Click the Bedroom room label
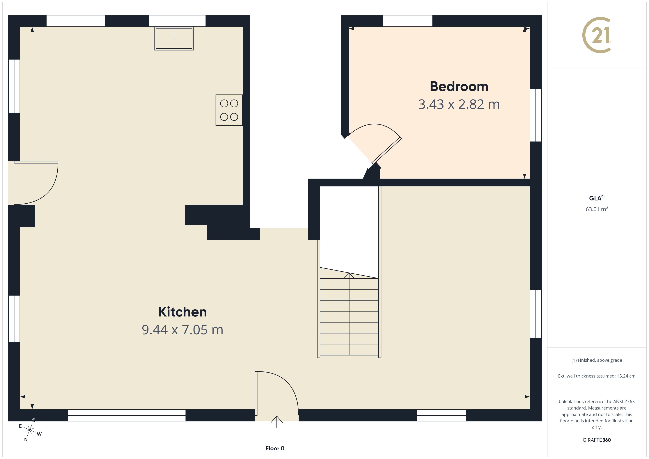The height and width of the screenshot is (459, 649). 459,86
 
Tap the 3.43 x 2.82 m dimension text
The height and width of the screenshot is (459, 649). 459,104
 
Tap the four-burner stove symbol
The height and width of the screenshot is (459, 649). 229,110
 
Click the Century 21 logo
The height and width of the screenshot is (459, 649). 596,35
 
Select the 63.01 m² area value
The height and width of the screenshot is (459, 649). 596,209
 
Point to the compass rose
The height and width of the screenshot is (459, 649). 29,430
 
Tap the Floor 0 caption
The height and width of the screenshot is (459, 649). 275,448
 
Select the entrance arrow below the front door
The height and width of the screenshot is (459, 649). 276,421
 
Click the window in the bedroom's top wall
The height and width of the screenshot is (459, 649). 407,21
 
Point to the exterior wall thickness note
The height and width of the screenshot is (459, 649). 596,376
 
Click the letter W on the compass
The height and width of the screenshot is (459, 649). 39,434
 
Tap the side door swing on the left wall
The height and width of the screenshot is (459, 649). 42,189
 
